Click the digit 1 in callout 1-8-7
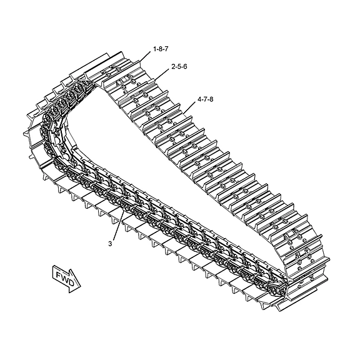[155, 49]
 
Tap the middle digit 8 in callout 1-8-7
[161, 49]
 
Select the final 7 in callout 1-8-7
[166, 49]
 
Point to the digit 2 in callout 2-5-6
[173, 67]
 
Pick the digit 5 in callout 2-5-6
[179, 67]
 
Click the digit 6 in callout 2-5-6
[185, 67]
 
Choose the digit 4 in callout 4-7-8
[199, 99]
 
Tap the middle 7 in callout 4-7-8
[205, 99]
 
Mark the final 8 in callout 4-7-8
[211, 99]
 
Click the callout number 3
[110, 244]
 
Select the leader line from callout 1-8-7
[145, 56]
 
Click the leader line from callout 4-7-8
[189, 107]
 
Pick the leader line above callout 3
[119, 226]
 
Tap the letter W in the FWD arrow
[65, 278]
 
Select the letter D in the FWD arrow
[71, 282]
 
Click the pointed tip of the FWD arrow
[81, 287]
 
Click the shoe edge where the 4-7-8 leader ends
[184, 113]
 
